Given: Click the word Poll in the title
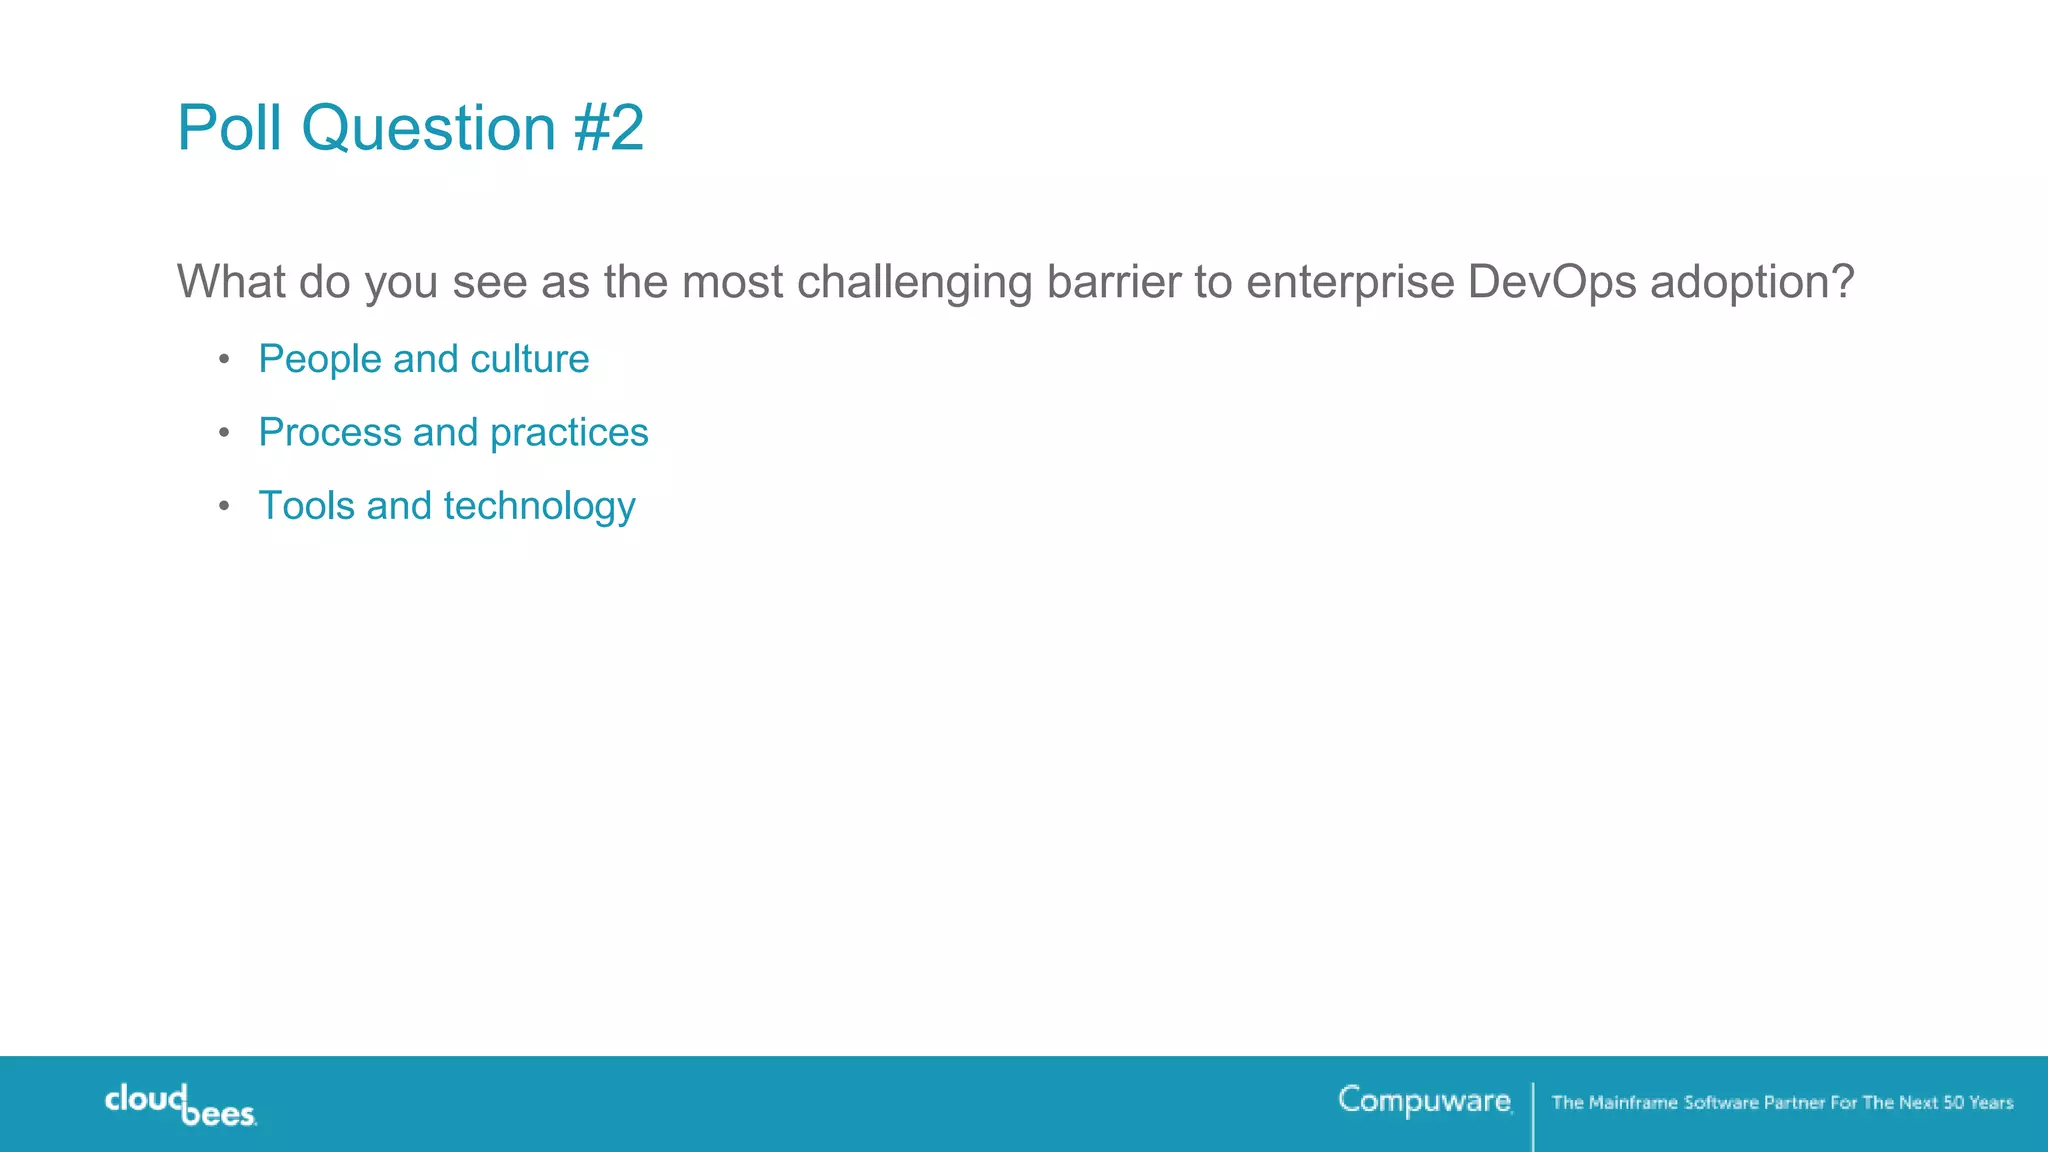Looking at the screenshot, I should click(x=229, y=128).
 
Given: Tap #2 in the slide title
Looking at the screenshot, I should click(x=609, y=128).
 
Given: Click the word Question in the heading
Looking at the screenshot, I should click(x=428, y=130).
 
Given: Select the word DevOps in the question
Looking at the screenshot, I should click(x=1551, y=282).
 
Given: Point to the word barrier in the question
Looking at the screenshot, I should click(x=1114, y=282).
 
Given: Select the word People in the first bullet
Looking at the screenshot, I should click(x=320, y=360).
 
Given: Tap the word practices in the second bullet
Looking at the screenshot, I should click(x=569, y=433).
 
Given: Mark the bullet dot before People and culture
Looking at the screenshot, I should click(x=224, y=359).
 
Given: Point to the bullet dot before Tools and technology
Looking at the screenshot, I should click(x=224, y=506).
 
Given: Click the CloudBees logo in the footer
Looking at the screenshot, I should click(x=181, y=1105).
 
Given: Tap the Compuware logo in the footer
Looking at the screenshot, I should click(x=1424, y=1100).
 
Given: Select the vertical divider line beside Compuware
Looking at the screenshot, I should click(x=1533, y=1115).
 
